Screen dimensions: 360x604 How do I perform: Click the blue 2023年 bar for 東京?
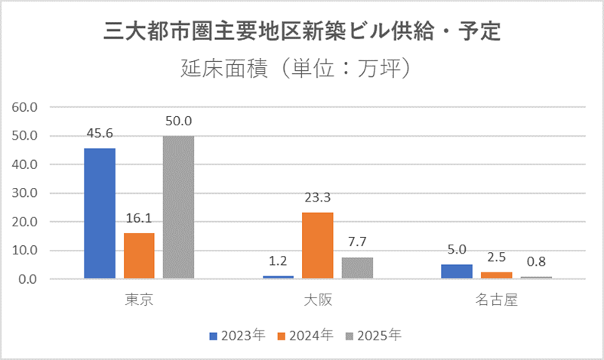(100, 214)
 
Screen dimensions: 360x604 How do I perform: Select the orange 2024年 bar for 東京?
(139, 256)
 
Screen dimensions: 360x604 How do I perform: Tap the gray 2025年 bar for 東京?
(178, 208)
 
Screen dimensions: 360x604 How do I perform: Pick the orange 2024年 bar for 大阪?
(317, 245)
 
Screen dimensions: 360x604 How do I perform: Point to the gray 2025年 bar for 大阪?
(356, 268)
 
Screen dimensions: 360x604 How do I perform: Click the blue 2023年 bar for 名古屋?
(456, 272)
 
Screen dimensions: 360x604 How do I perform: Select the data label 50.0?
(178, 121)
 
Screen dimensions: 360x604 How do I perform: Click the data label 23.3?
(317, 198)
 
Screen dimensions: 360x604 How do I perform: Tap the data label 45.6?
(100, 133)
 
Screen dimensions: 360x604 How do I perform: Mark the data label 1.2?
(278, 261)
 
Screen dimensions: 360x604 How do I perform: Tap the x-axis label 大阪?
(317, 300)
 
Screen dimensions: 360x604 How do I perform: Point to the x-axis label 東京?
(139, 300)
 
